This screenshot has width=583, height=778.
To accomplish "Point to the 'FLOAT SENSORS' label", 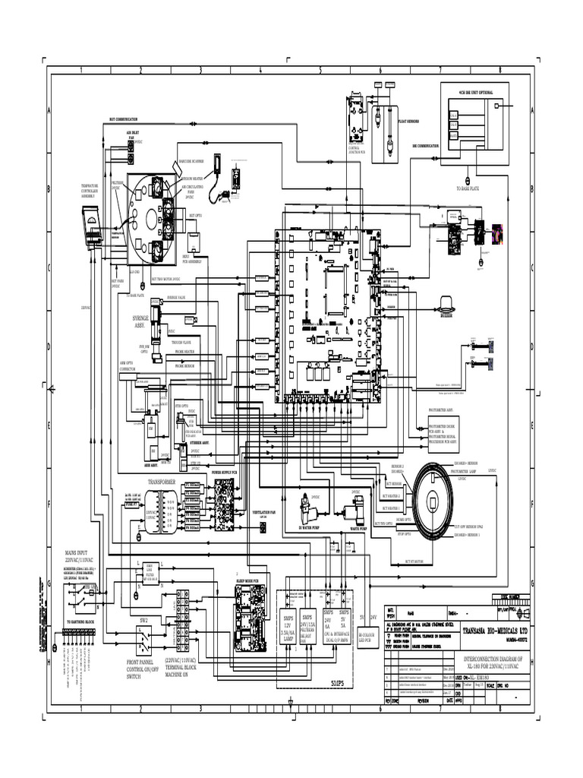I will point(408,121).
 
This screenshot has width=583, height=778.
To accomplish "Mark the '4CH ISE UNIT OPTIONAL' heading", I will point(475,92).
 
